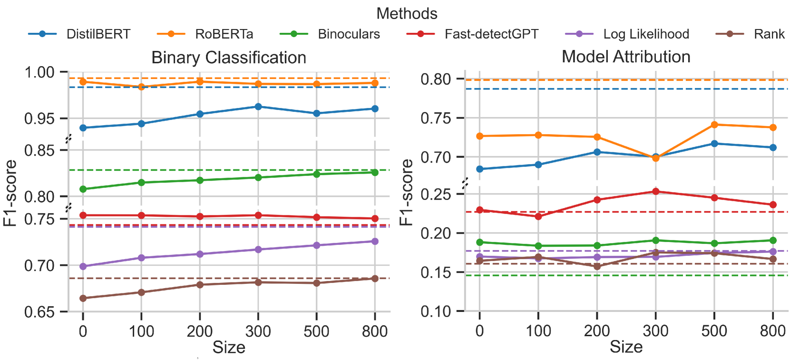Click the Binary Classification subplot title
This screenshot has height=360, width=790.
tap(229, 58)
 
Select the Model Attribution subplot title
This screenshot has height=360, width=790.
tap(626, 57)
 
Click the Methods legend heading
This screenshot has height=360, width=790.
tap(407, 13)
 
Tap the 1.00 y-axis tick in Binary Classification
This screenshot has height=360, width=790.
tap(39, 72)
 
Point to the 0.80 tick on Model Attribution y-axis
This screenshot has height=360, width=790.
tap(436, 79)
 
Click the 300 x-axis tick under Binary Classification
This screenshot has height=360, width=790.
tap(258, 331)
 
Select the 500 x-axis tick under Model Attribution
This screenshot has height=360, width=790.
tap(714, 331)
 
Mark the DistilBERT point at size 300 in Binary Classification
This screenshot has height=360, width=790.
tap(258, 107)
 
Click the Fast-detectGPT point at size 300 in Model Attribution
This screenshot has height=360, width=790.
tap(656, 192)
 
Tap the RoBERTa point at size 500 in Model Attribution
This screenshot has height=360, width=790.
tap(714, 125)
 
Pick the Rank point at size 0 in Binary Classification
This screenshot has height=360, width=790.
tap(83, 298)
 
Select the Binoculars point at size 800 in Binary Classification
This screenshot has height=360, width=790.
tap(375, 172)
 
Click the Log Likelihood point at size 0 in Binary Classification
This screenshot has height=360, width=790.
tap(83, 266)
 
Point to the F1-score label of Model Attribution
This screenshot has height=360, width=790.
tap(406, 192)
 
